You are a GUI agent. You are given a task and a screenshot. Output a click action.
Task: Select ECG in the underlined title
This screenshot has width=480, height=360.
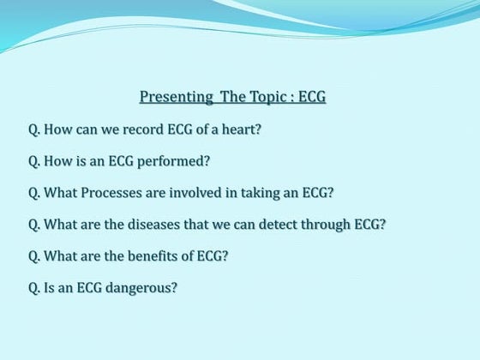point(313,97)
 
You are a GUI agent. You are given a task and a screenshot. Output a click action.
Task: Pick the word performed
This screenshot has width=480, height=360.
point(178,160)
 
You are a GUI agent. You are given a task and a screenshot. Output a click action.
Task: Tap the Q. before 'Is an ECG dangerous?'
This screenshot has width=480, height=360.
point(34,287)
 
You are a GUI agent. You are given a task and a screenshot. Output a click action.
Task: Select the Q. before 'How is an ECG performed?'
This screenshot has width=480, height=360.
point(34,160)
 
